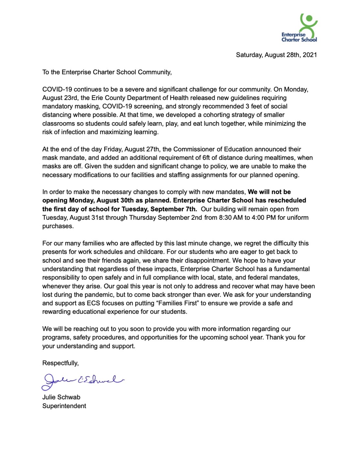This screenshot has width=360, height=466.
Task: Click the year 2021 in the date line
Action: tap(310, 55)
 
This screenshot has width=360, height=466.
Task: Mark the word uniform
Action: tap(298, 217)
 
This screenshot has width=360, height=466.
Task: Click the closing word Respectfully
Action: tap(60, 363)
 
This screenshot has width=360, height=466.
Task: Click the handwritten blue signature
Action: tap(82, 381)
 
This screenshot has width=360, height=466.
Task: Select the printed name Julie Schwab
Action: tap(61, 397)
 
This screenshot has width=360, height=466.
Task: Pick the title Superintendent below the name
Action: tap(64, 406)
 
